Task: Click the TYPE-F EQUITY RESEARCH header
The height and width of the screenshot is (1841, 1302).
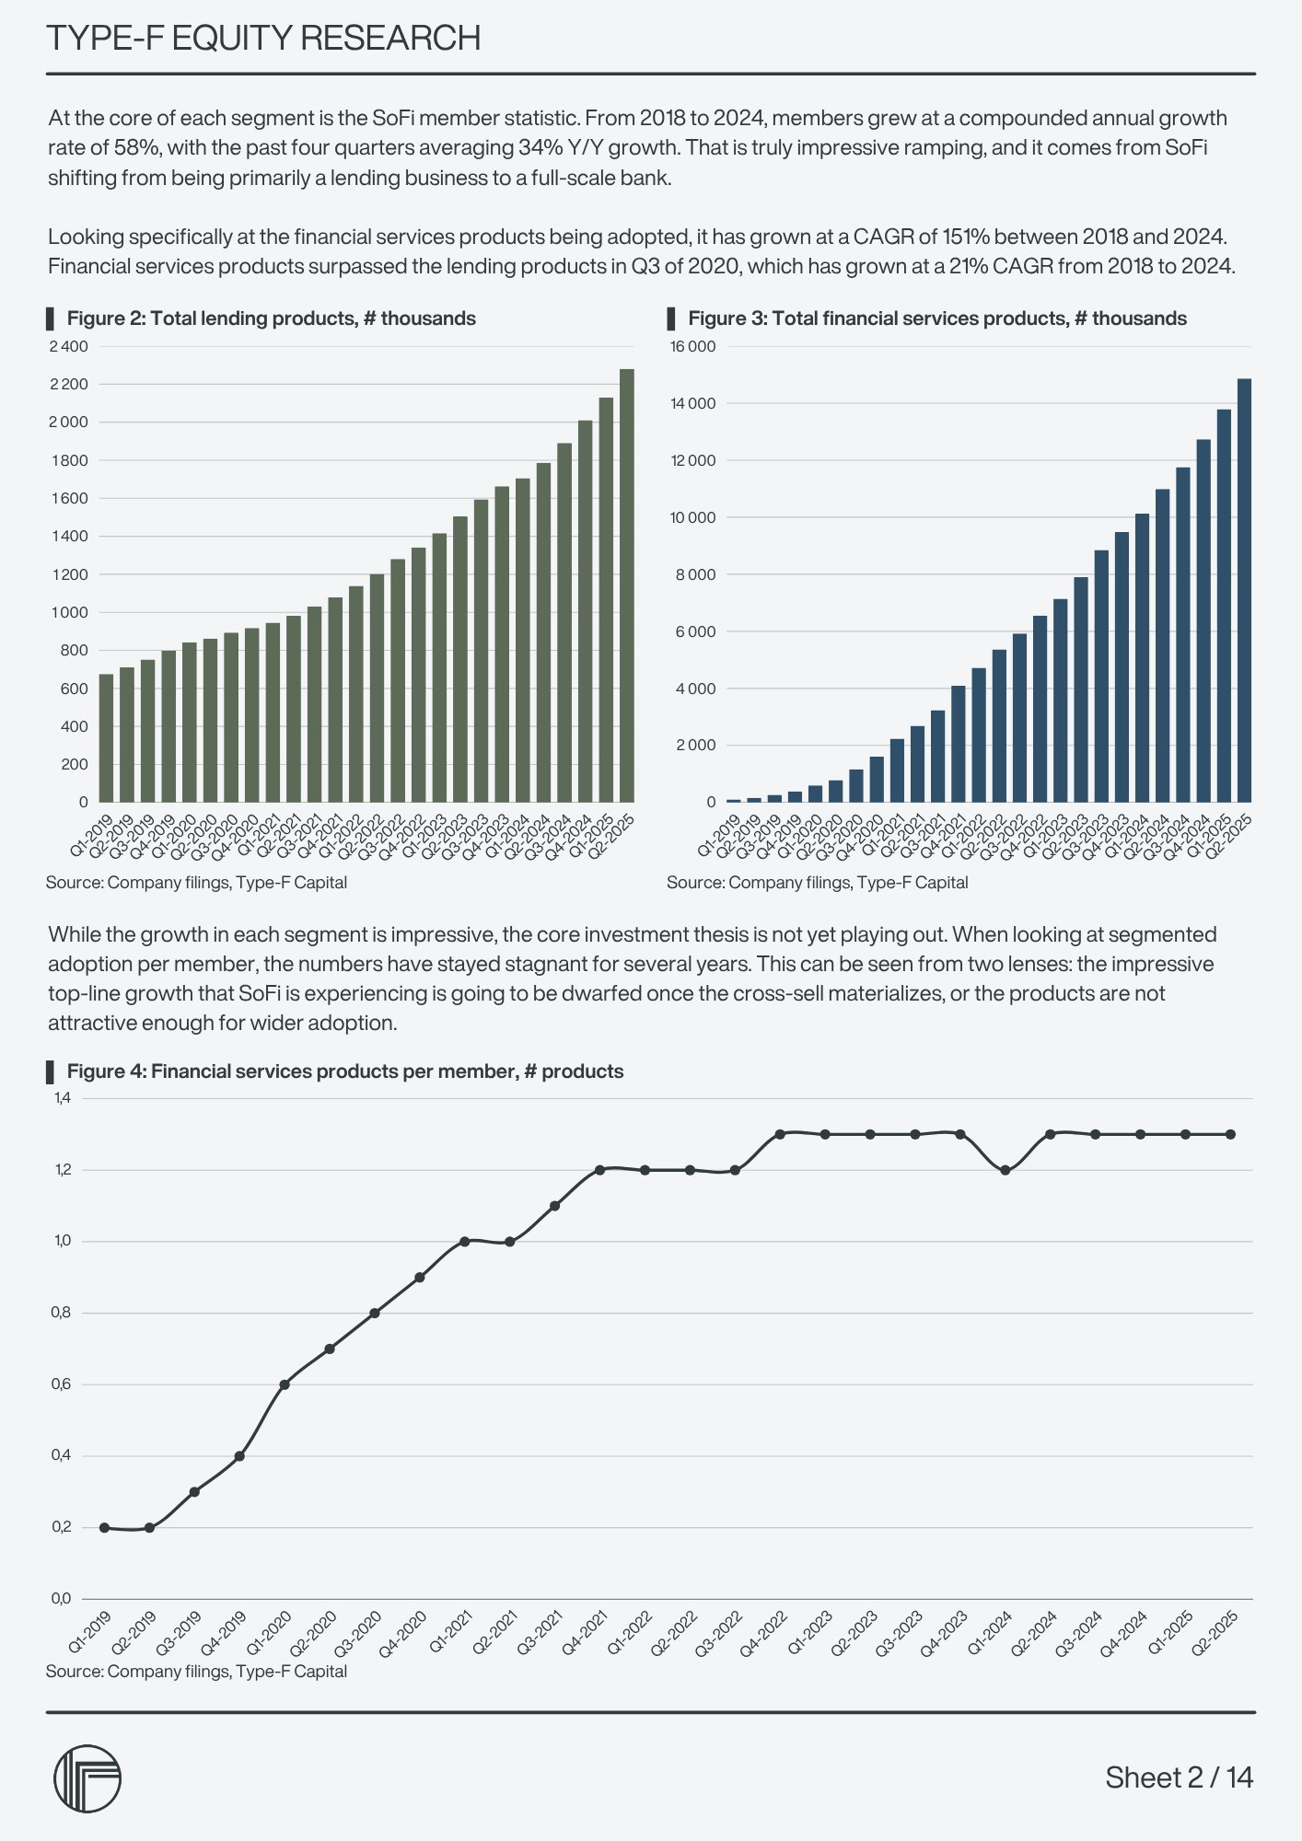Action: pos(263,39)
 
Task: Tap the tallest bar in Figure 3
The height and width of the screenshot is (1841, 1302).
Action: pos(1244,590)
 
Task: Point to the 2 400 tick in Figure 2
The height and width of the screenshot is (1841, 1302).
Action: pos(69,346)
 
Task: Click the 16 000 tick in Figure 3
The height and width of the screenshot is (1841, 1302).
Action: pos(695,346)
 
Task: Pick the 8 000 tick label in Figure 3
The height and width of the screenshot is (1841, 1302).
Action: pos(698,574)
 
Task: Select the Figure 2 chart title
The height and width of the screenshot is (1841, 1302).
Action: pos(271,318)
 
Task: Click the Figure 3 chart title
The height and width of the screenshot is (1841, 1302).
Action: pos(936,318)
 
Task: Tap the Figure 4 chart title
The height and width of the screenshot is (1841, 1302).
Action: pos(344,1071)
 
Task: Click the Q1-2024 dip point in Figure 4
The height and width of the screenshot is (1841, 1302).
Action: pos(1005,1170)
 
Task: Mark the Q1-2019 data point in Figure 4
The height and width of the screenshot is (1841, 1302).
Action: pos(105,1527)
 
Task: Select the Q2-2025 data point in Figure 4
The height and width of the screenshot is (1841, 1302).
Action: pos(1230,1134)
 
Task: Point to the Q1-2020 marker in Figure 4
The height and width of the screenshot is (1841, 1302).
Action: pos(285,1384)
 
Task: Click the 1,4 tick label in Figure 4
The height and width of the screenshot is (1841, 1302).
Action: pos(62,1098)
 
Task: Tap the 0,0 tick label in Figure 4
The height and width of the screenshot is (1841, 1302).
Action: pos(62,1598)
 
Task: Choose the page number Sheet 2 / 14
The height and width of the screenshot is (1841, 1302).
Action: pos(1179,1777)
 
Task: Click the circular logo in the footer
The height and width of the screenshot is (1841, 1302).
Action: pos(87,1778)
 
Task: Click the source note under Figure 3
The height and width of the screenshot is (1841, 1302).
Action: pos(817,883)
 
